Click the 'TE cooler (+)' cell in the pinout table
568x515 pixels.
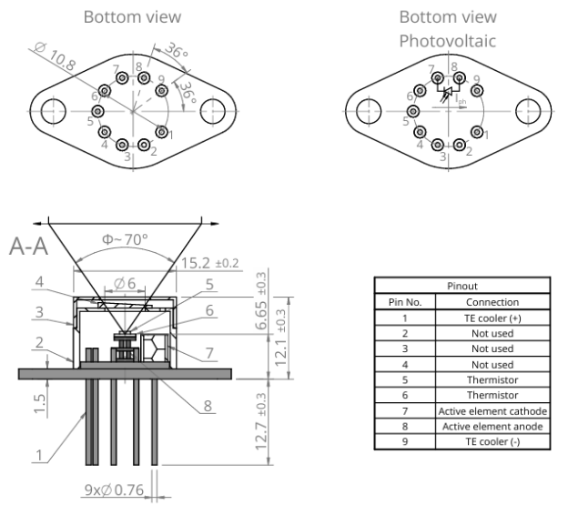tap(492, 318)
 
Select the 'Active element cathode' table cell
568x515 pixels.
tap(492, 411)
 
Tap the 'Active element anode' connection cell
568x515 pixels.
tap(492, 427)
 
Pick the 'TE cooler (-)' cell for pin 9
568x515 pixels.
tap(492, 442)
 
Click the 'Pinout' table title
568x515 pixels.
tap(461, 286)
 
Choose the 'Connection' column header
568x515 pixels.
tap(492, 302)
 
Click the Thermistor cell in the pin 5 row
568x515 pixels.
tap(492, 380)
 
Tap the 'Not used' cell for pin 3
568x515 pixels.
tap(492, 349)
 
